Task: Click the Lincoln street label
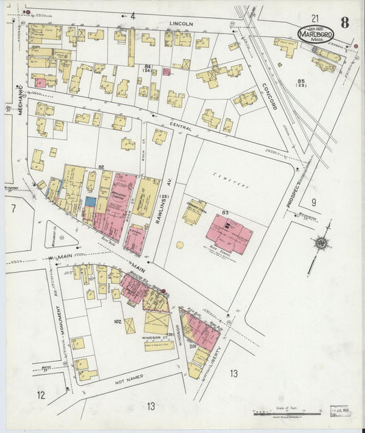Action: coord(181,23)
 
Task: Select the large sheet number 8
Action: coord(344,22)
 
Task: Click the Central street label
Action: coord(180,125)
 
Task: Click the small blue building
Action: coord(90,202)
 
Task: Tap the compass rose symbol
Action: coord(320,244)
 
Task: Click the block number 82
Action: coord(101,167)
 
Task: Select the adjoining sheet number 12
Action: coord(41,395)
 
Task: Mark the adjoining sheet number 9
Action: coord(314,202)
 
